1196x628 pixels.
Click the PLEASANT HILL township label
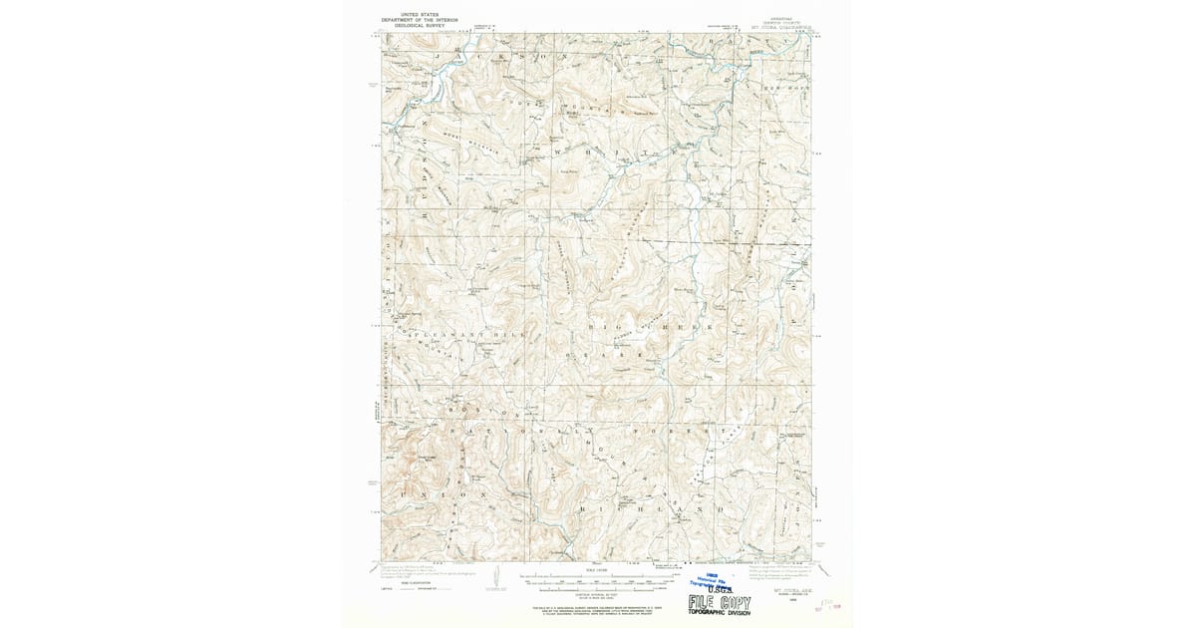(448, 336)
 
